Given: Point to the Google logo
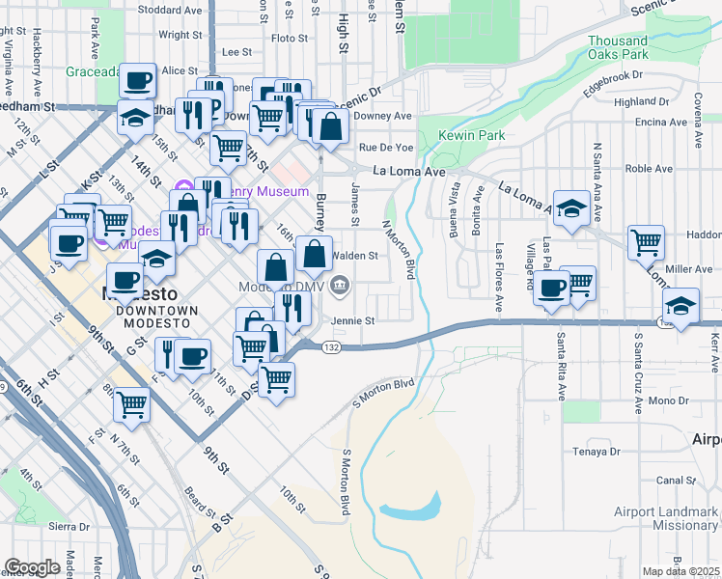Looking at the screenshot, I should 32,566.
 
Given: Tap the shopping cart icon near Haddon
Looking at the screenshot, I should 646,243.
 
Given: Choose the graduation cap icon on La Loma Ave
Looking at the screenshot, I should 571,207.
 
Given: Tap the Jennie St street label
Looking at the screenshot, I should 352,320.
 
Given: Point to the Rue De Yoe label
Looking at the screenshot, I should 386,148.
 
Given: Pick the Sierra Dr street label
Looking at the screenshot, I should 69,527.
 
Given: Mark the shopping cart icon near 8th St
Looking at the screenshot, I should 131,405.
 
